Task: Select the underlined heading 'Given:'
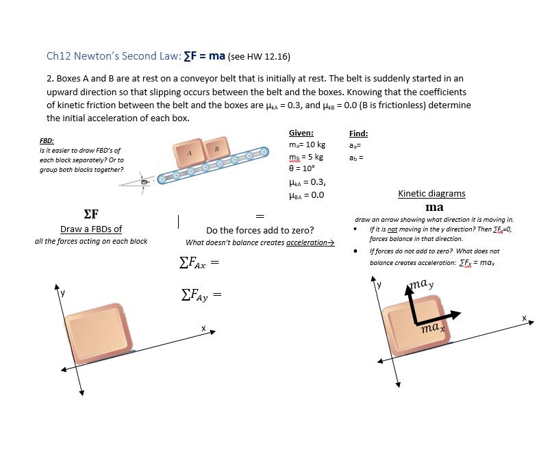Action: coord(301,133)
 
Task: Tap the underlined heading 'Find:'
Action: coord(358,133)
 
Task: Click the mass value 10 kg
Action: coord(308,144)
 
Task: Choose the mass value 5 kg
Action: coord(305,157)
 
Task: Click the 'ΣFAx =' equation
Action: coord(199,263)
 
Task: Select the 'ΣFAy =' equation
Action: coord(199,295)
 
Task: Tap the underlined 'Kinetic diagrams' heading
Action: coord(431,194)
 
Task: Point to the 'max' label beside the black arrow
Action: coord(434,329)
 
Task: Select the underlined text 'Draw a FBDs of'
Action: coord(91,229)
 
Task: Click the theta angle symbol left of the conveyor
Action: coord(145,183)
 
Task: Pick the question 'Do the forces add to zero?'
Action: coord(260,230)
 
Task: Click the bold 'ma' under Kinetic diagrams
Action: coord(434,207)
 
